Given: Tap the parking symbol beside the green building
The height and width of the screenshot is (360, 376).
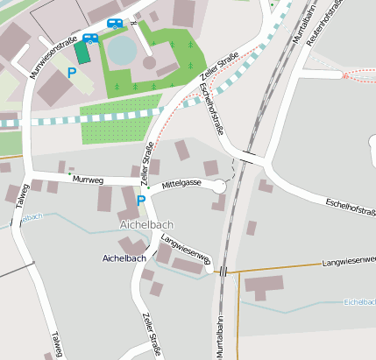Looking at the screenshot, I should click(71, 74).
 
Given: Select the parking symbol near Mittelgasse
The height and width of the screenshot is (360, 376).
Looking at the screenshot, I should click(141, 201).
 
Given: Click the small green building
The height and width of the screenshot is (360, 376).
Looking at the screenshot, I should click(82, 53).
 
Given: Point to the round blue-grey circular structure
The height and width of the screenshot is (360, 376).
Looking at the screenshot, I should click(123, 49).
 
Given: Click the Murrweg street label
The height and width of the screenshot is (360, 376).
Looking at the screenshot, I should click(89, 180).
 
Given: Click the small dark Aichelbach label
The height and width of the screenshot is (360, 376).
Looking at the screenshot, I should click(124, 258).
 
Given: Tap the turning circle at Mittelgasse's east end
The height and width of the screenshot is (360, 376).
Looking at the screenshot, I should click(218, 187).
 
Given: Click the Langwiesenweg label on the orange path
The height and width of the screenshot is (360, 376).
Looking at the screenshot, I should click(348, 262).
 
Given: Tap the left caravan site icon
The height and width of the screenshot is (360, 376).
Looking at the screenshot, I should click(89, 38).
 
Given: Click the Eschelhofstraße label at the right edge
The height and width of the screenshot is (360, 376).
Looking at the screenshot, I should click(350, 205).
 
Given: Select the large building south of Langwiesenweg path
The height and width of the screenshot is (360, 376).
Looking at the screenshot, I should click(263, 286).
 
